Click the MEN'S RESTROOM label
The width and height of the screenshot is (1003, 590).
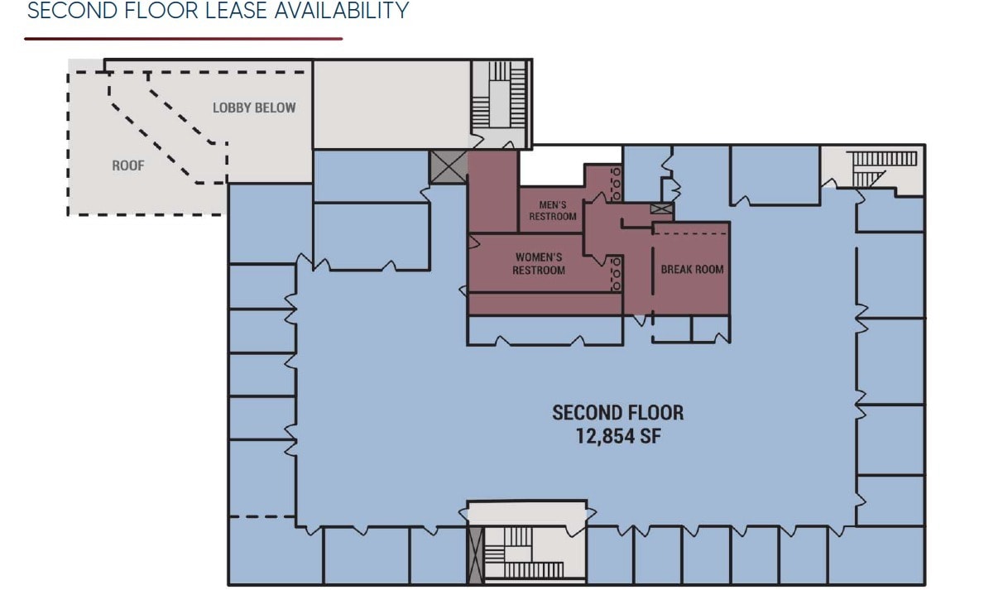552,211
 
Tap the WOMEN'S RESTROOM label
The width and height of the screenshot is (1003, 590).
539,264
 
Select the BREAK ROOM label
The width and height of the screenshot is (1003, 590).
692,269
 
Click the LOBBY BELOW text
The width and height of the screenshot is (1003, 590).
254,108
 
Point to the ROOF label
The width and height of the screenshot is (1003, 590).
128,165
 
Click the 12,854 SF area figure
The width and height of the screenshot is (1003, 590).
618,436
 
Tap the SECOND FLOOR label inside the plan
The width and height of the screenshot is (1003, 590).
618,412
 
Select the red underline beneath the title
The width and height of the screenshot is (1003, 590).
183,38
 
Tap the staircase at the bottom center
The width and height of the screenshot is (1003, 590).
521,554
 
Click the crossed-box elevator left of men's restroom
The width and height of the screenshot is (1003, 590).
449,167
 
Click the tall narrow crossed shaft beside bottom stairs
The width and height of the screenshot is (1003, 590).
475,555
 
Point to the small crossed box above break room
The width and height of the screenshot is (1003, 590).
661,209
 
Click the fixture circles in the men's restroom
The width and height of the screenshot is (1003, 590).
615,184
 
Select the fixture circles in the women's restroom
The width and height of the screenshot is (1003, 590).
615,273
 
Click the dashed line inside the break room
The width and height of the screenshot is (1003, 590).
690,234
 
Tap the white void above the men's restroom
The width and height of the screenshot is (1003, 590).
552,166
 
